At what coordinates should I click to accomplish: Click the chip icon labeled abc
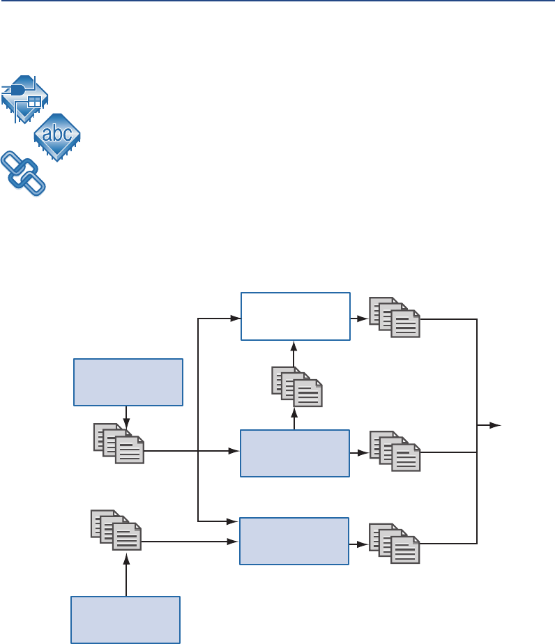pos(58,134)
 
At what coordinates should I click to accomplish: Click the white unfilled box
pos(295,316)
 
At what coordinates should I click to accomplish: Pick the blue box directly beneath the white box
pos(294,453)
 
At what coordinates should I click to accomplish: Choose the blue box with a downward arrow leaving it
pos(128,381)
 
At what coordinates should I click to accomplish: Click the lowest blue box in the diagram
pos(126,619)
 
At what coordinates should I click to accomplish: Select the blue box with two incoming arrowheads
pos(294,541)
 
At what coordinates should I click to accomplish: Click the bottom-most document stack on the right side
pos(394,543)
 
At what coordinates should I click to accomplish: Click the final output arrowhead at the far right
pos(496,424)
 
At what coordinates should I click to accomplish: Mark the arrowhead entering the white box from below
pos(294,345)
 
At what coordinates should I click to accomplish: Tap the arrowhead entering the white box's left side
pos(236,319)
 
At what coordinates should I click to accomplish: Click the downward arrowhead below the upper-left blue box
pos(126,422)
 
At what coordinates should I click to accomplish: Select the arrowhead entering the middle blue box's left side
pos(235,452)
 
